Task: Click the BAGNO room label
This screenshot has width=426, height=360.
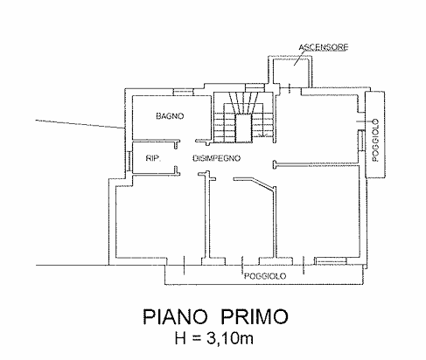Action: (170, 116)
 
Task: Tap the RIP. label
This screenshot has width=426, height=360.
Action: (153, 158)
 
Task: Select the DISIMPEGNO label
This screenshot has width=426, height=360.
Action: (217, 158)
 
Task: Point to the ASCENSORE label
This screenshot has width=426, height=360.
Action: (324, 47)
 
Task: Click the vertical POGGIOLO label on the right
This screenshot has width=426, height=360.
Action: (375, 140)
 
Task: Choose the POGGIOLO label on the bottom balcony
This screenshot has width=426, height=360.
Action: (265, 276)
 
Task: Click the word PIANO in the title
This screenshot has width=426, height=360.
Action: (175, 317)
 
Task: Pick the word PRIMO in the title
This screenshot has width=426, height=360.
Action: (254, 317)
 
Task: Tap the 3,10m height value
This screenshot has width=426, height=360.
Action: (230, 338)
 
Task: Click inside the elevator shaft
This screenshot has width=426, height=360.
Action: (291, 72)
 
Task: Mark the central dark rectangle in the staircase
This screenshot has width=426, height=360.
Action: (243, 128)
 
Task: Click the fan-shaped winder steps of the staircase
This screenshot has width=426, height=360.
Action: (243, 102)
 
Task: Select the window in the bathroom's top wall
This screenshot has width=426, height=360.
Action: (183, 92)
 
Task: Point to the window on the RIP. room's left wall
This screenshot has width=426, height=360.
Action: (129, 161)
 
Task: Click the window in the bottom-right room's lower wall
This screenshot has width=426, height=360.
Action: (331, 260)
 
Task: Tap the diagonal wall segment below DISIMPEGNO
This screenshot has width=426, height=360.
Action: (263, 183)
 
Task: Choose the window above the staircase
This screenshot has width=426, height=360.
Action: (255, 87)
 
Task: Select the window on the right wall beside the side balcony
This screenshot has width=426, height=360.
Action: (361, 141)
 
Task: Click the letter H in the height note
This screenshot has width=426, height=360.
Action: (181, 338)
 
